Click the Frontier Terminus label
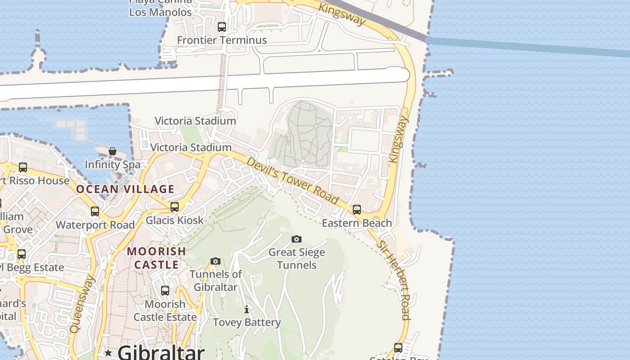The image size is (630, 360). pyautogui.click(x=222, y=40)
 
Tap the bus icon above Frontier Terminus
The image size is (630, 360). pyautogui.click(x=222, y=27)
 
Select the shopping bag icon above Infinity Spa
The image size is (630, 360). pyautogui.click(x=112, y=152)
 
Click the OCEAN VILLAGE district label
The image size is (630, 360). pyautogui.click(x=125, y=189)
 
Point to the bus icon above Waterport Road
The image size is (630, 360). pyautogui.click(x=95, y=211)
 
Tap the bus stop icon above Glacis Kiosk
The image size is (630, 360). pyautogui.click(x=175, y=207)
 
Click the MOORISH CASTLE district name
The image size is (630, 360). pyautogui.click(x=157, y=258)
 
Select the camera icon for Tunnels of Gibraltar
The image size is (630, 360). pyautogui.click(x=216, y=261)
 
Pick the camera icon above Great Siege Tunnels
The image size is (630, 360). pyautogui.click(x=297, y=239)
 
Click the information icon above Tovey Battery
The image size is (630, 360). pyautogui.click(x=247, y=309)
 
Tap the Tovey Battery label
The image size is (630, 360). pyautogui.click(x=247, y=322)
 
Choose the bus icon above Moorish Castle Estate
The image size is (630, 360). pyautogui.click(x=165, y=291)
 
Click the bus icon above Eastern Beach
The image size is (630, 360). pyautogui.click(x=357, y=210)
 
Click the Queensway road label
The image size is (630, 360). pyautogui.click(x=83, y=304)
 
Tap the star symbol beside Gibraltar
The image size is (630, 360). pyautogui.click(x=108, y=353)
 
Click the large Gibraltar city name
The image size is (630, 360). pyautogui.click(x=161, y=352)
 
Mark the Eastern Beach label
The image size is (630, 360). pyautogui.click(x=357, y=223)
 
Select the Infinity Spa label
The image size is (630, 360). pyautogui.click(x=112, y=165)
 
